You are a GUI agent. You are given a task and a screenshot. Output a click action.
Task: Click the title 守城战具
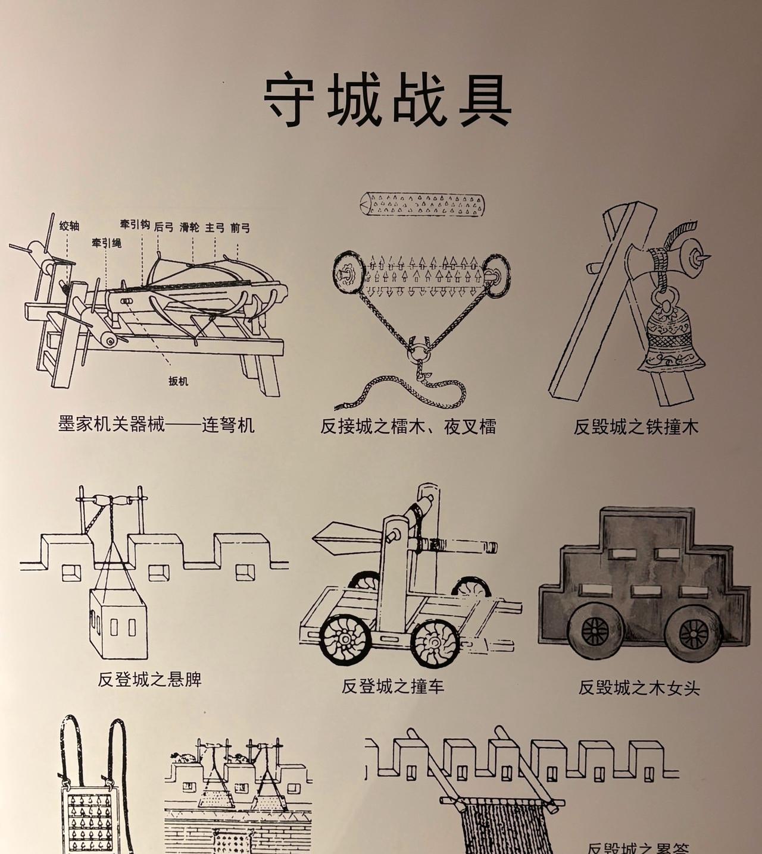pyautogui.click(x=388, y=101)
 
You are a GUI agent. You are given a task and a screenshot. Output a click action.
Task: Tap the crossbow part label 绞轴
pyautogui.click(x=69, y=226)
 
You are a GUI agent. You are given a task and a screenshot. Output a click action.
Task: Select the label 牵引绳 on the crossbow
pyautogui.click(x=107, y=243)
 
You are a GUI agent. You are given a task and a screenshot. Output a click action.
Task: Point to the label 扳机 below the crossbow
pyautogui.click(x=178, y=381)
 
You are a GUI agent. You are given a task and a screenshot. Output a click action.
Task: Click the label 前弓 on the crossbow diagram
pyautogui.click(x=240, y=228)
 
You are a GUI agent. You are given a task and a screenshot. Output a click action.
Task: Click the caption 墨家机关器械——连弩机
pyautogui.click(x=157, y=425)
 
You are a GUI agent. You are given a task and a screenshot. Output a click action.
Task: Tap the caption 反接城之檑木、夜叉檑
pyautogui.click(x=408, y=426)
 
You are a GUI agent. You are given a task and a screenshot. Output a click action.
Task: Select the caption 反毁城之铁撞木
pyautogui.click(x=636, y=427)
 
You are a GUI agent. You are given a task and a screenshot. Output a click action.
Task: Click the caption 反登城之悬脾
pyautogui.click(x=149, y=679)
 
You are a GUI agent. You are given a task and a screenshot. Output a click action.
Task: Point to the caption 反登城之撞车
pyautogui.click(x=393, y=686)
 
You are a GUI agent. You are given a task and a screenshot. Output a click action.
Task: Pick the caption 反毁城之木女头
pyautogui.click(x=639, y=688)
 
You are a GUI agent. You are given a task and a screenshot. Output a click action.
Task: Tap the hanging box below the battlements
pyautogui.click(x=118, y=624)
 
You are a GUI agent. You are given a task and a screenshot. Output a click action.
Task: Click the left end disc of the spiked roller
pyautogui.click(x=348, y=272)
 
